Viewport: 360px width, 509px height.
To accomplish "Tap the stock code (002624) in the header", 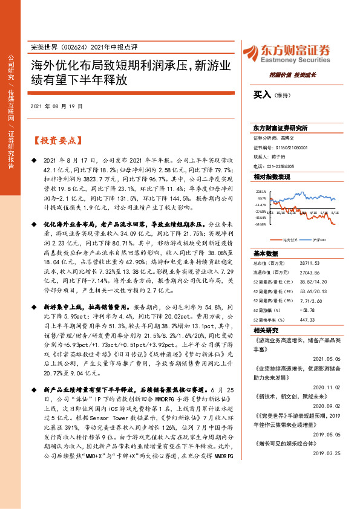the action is [73, 47].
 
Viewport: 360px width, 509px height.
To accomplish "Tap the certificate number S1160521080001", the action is [294, 147].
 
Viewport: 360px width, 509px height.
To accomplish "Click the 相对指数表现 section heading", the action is [272, 177].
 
